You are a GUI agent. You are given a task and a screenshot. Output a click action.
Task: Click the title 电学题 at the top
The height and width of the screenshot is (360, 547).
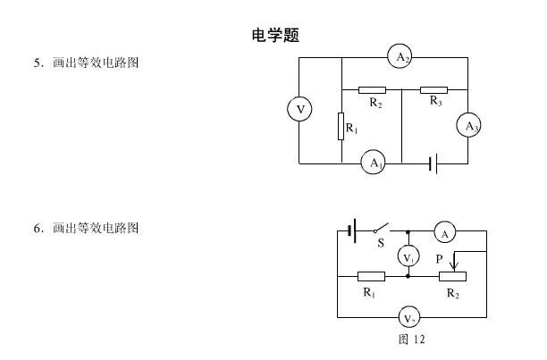pyautogui.click(x=274, y=36)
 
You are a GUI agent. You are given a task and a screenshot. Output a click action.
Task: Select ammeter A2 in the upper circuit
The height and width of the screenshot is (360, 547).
pyautogui.click(x=399, y=56)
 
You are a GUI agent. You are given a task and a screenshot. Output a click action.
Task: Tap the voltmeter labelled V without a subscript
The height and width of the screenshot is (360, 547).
pyautogui.click(x=299, y=110)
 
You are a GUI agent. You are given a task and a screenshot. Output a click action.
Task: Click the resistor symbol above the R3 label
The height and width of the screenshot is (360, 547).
pyautogui.click(x=433, y=89)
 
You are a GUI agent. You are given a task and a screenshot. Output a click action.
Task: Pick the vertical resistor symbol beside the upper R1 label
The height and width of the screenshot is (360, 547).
pyautogui.click(x=341, y=126)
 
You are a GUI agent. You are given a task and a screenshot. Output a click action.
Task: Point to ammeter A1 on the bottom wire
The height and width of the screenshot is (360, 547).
pyautogui.click(x=373, y=163)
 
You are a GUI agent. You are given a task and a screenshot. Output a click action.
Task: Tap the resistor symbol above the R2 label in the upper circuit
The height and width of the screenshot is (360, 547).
pyautogui.click(x=372, y=89)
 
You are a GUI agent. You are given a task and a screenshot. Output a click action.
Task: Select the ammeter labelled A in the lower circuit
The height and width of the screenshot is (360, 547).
pyautogui.click(x=445, y=232)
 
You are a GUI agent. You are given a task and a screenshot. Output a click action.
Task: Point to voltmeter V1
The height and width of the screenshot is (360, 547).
pyautogui.click(x=408, y=256)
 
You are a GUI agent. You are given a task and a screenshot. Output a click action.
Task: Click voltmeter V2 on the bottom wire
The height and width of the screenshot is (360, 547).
pyautogui.click(x=408, y=317)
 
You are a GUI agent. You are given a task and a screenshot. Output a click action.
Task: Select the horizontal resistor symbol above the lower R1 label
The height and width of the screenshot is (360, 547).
pyautogui.click(x=371, y=276)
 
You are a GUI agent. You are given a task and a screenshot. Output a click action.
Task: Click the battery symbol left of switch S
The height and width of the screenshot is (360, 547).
pyautogui.click(x=353, y=230)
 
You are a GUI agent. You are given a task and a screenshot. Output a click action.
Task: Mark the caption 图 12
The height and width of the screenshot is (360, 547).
pyautogui.click(x=412, y=339)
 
